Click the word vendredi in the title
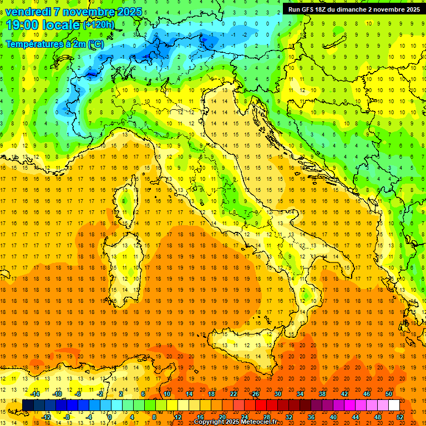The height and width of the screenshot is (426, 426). (x=27, y=11)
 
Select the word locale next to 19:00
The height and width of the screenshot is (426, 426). (x=62, y=25)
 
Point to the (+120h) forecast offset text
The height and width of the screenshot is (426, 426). (x=98, y=25)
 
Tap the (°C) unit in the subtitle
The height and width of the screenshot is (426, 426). (x=95, y=44)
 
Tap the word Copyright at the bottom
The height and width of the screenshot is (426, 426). (x=209, y=422)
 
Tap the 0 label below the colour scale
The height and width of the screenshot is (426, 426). (x=110, y=417)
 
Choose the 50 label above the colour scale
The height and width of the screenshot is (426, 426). (x=389, y=394)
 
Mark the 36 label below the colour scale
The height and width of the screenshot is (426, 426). (x=311, y=417)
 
